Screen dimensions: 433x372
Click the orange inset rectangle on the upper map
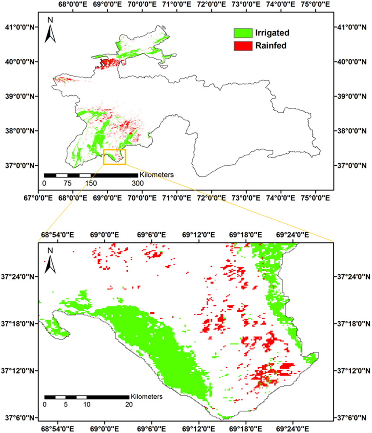click(115, 157)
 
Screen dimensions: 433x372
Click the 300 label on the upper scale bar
click(138, 183)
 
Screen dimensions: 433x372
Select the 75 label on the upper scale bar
click(68, 183)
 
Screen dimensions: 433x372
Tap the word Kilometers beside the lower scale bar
click(146, 396)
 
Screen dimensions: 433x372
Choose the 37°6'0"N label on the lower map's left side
click(20, 418)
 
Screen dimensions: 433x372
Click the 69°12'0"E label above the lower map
click(199, 235)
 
